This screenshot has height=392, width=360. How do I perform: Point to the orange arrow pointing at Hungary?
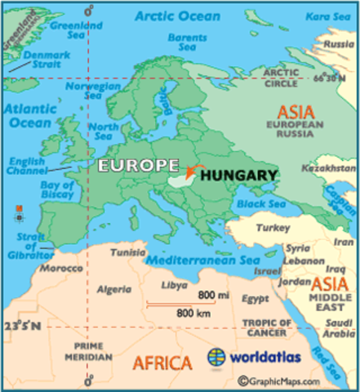tap(193, 170)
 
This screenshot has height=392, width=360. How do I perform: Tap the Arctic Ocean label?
tap(177, 16)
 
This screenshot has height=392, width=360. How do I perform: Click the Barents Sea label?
tap(186, 42)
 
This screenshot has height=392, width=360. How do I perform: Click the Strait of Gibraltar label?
tap(27, 245)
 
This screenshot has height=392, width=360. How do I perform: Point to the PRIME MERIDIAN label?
tap(90, 351)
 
